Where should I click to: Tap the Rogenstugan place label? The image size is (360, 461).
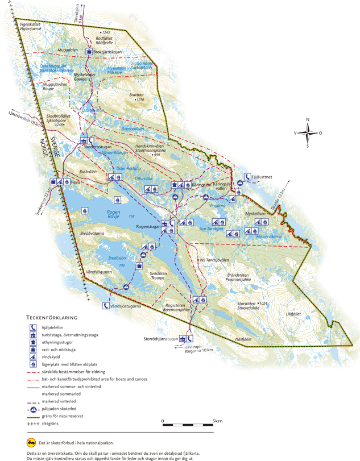146,226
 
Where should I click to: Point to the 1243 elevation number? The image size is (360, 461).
105,32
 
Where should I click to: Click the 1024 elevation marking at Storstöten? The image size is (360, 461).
263,304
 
